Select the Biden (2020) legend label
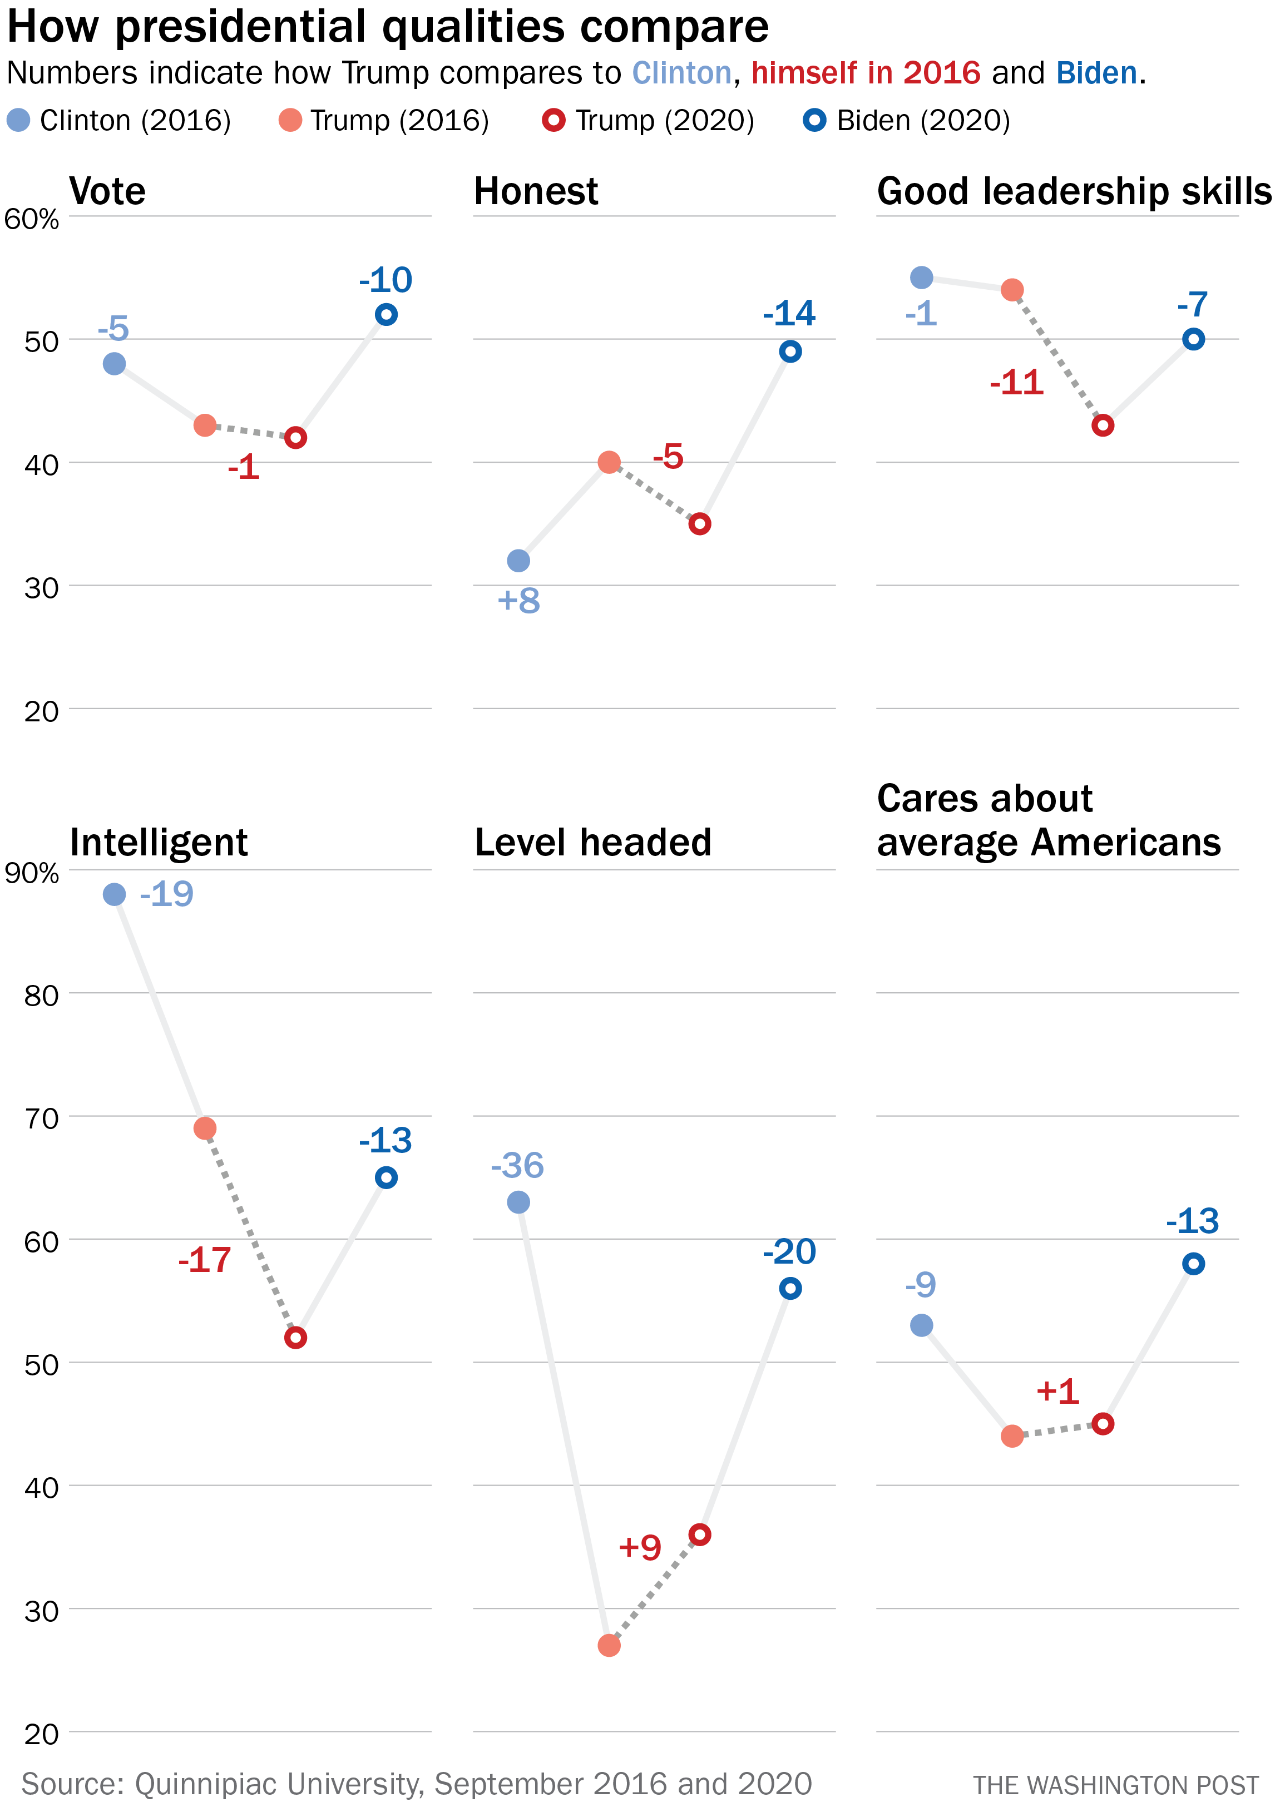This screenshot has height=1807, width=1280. tap(923, 121)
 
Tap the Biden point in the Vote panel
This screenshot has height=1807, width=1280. tap(386, 314)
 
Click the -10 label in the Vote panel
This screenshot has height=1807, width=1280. tap(386, 280)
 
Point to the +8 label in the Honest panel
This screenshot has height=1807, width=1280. tap(518, 601)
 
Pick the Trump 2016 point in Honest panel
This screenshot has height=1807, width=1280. tap(609, 462)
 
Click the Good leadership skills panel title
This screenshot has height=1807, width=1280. tap(1074, 191)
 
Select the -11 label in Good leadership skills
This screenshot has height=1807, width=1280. tap(1017, 383)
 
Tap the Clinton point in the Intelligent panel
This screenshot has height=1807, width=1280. tap(114, 894)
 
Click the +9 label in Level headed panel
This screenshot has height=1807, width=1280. tap(640, 1548)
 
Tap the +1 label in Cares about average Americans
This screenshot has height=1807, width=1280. tap(1057, 1392)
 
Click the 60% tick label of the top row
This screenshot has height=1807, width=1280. tap(32, 219)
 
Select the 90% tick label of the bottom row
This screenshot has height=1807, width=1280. tap(32, 873)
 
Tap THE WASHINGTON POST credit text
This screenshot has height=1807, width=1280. tap(1114, 1785)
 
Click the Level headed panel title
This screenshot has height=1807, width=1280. tap(592, 843)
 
